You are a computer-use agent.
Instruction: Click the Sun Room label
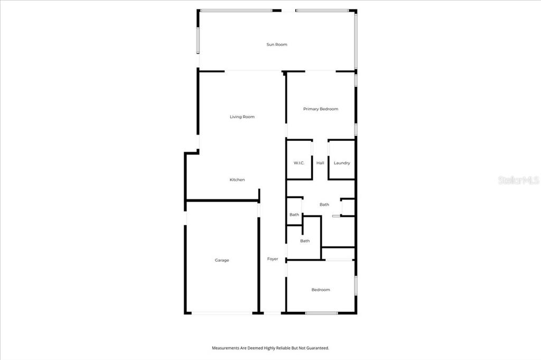(277, 44)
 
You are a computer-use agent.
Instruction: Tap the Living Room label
(242, 117)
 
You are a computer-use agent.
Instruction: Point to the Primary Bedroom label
(321, 109)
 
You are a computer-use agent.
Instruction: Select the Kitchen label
(237, 179)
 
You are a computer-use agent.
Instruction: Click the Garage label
(222, 260)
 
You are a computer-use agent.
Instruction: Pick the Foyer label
(273, 259)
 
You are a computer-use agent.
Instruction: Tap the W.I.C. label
(299, 163)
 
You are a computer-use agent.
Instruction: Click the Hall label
(320, 163)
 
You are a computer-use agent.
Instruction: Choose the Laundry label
(342, 163)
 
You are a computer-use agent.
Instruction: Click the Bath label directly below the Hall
(324, 204)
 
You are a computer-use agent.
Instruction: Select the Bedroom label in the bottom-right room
(321, 290)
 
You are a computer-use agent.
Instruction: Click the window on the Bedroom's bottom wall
(321, 313)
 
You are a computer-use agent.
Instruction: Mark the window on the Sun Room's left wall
(198, 41)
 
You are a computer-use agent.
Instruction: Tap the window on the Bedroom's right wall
(356, 285)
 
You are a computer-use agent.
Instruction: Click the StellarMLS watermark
(519, 180)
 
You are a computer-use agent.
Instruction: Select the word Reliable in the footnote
(283, 348)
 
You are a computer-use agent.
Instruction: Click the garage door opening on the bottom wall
(222, 313)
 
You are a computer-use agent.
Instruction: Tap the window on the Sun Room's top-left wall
(236, 11)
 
